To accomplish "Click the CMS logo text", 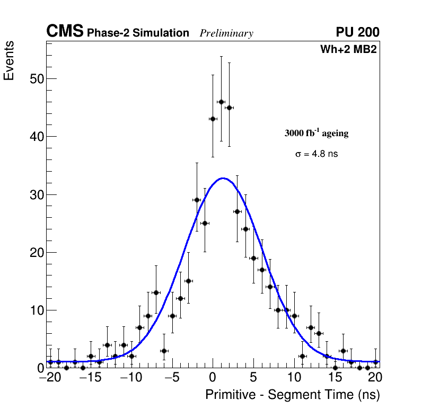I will pyautogui.click(x=65, y=32).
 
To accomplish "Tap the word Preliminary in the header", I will pyautogui.click(x=226, y=33).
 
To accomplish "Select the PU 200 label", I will pyautogui.click(x=357, y=32).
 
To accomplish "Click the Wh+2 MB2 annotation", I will pyautogui.click(x=348, y=50).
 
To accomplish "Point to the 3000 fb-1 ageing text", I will pyautogui.click(x=316, y=134).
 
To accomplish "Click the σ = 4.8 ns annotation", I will pyautogui.click(x=316, y=154).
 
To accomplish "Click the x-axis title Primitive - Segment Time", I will pyautogui.click(x=293, y=395).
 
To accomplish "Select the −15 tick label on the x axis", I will pyautogui.click(x=87, y=378).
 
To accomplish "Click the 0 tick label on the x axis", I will pyautogui.click(x=213, y=378).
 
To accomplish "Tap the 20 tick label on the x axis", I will pyautogui.click(x=375, y=378).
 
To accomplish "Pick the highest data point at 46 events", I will pyautogui.click(x=221, y=102).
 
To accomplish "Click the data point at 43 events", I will pyautogui.click(x=213, y=119).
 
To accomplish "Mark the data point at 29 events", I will pyautogui.click(x=197, y=200).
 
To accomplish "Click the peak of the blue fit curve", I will pyautogui.click(x=223, y=179).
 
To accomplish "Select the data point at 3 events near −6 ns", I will pyautogui.click(x=164, y=351).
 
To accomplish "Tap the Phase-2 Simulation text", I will pyautogui.click(x=138, y=33).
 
